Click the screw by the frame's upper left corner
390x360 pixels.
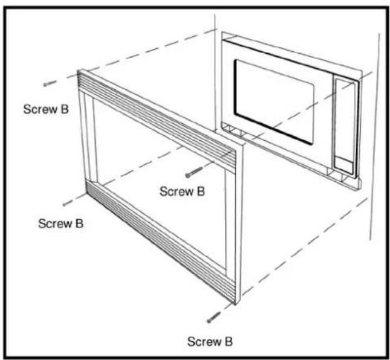50,83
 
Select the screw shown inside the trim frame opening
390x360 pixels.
194,172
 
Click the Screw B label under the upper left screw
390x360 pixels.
46,109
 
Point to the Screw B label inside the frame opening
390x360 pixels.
183,191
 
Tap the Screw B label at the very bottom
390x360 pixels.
210,342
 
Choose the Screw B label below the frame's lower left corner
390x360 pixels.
60,223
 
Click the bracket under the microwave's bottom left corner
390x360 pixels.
233,131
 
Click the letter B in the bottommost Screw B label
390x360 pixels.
229,342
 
